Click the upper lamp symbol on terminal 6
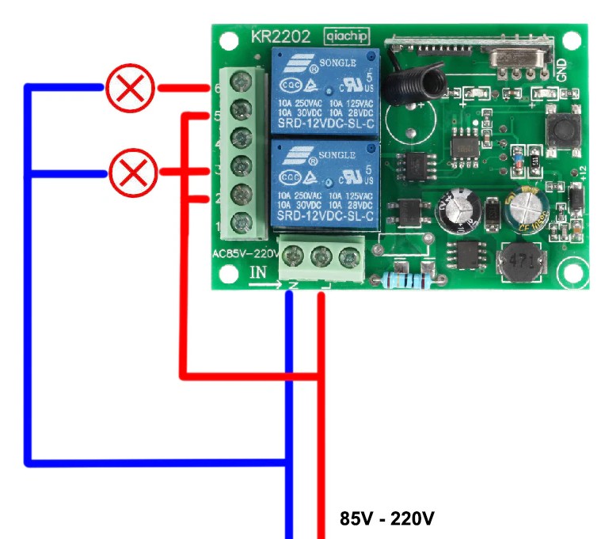coord(129,89)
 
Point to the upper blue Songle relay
coord(325,92)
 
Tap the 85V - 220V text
coord(387,518)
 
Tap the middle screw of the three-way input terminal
coord(321,256)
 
